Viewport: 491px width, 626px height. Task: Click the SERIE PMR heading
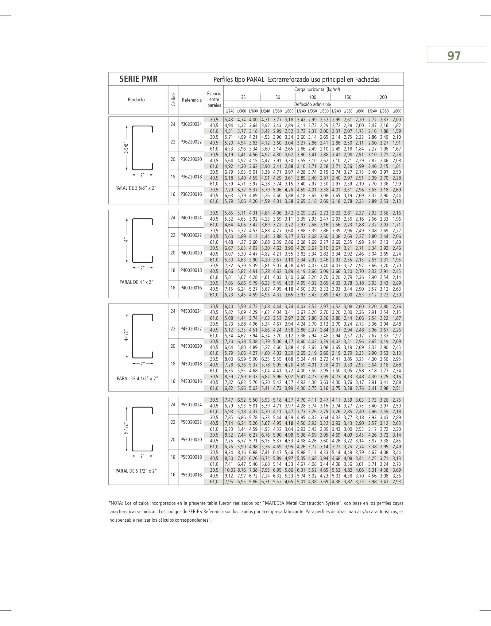click(x=138, y=79)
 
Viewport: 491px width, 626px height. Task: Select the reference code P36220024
click(x=191, y=125)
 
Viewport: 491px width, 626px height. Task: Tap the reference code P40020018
click(x=191, y=270)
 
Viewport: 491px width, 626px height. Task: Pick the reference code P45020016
click(x=191, y=381)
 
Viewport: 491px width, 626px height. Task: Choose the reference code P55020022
click(x=191, y=422)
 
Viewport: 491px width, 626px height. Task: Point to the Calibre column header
click(x=173, y=99)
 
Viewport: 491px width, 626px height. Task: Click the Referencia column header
click(x=191, y=100)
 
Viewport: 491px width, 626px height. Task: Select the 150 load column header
click(x=348, y=97)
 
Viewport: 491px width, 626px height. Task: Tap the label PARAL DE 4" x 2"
click(x=137, y=282)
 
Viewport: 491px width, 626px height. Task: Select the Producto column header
click(x=136, y=100)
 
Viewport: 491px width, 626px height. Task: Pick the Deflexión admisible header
click(x=312, y=104)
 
